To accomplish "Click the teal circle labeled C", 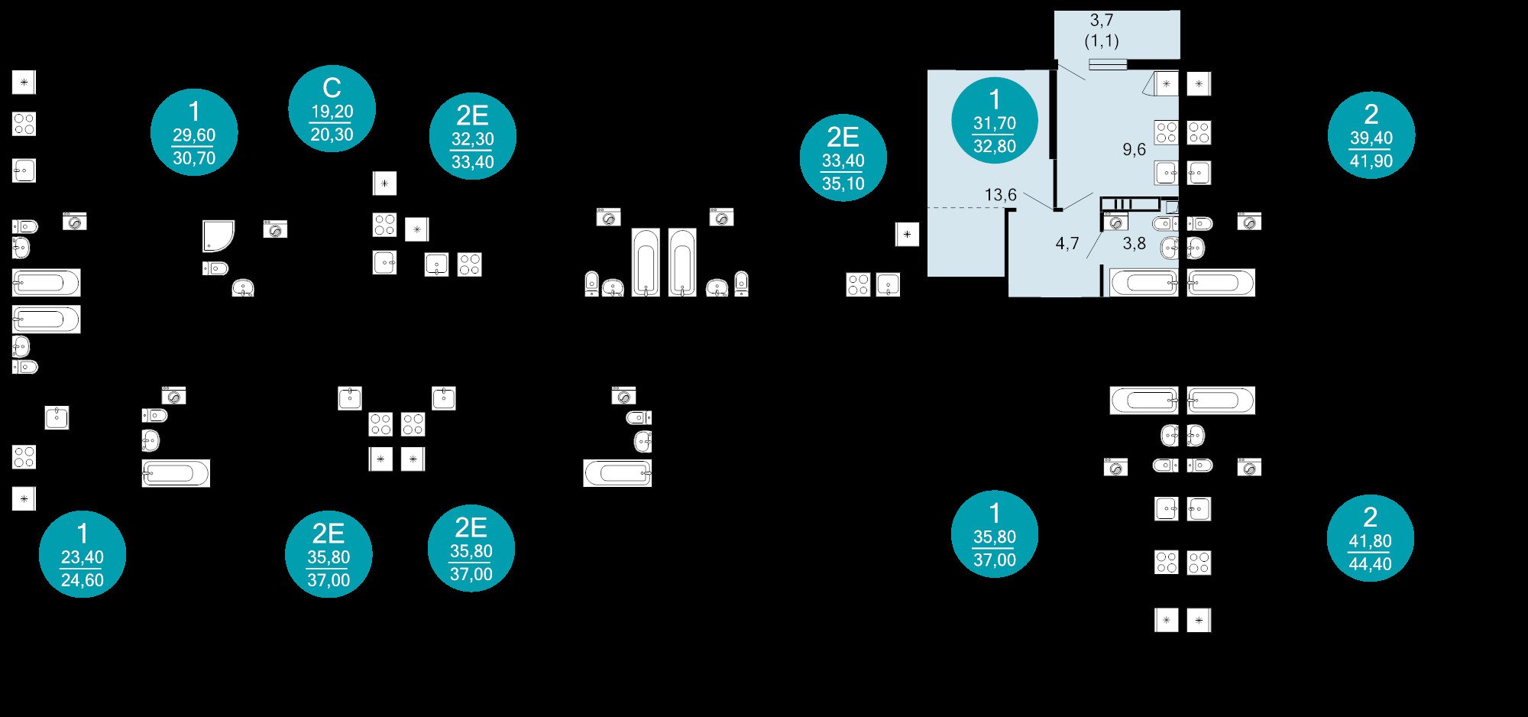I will [332, 108].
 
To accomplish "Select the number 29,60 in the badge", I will [194, 135].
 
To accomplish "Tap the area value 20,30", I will [332, 135].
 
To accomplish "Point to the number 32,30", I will [473, 139].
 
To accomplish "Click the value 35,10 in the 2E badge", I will [843, 183].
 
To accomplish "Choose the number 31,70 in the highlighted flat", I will [994, 123].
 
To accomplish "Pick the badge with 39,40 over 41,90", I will [1371, 135].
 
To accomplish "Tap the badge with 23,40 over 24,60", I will [83, 554].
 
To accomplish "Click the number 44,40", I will [1370, 564].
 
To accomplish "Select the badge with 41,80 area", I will [1370, 538].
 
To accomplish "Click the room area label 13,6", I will [1000, 195].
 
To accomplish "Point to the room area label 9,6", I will [1134, 150].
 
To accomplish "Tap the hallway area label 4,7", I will [1067, 244].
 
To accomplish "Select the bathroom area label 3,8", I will [1134, 244].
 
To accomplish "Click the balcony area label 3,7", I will [1101, 21].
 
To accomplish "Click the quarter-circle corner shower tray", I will [217, 235].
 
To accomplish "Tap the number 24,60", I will [83, 580].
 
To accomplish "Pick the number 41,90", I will [1371, 161].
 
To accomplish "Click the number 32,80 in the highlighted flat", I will [994, 146].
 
